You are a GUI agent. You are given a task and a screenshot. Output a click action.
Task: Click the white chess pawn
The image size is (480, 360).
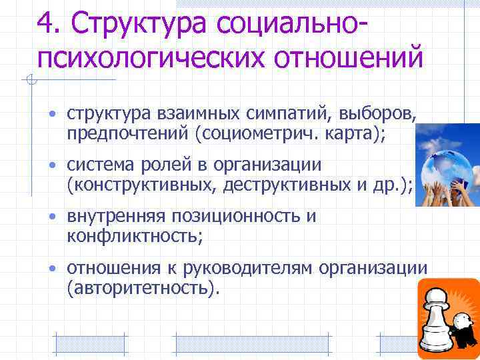[437, 320]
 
